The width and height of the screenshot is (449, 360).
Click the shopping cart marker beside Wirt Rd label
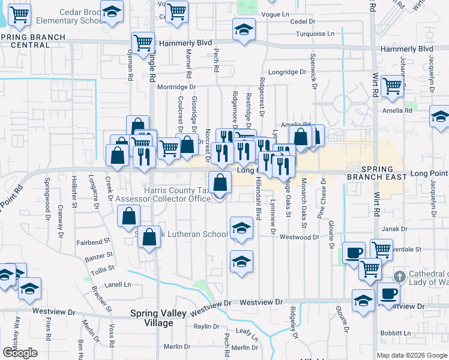pyautogui.click(x=392, y=86)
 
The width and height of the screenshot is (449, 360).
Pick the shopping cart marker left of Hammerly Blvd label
pyautogui.click(x=143, y=43)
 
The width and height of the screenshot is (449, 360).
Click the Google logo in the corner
pyautogui.click(x=20, y=353)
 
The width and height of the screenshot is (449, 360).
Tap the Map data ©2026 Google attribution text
pyautogui.click(x=412, y=355)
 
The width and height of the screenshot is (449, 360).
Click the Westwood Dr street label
pyautogui.click(x=300, y=237)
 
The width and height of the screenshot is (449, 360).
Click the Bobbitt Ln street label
pyautogui.click(x=394, y=332)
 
